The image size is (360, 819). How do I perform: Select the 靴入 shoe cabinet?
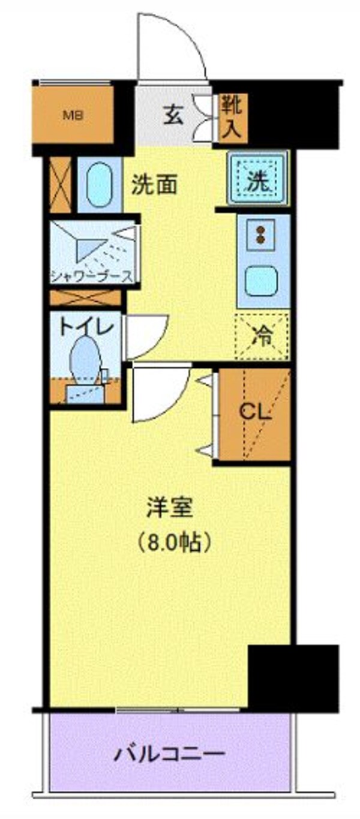tap(232, 118)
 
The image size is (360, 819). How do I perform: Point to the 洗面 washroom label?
tap(154, 185)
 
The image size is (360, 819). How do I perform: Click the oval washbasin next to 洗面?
tap(99, 185)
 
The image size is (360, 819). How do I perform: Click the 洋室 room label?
tap(170, 509)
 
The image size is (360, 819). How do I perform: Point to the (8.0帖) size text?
tap(170, 543)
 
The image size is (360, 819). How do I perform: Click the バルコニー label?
tap(170, 753)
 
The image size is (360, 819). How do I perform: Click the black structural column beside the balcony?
tap(293, 677)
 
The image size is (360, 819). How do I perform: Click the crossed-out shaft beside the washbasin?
tap(61, 184)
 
